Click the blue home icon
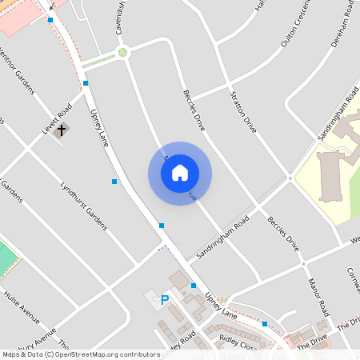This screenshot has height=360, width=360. (180, 173)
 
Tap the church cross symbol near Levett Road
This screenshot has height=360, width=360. (61, 128)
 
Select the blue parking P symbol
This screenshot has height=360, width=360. (165, 301)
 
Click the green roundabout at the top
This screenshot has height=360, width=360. (122, 53)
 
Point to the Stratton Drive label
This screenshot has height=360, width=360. (243, 113)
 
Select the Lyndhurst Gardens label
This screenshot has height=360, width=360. (83, 206)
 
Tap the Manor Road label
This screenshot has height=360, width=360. (318, 297)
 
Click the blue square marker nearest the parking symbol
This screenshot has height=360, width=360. (194, 286)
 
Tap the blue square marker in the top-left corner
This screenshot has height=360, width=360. (50, 19)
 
